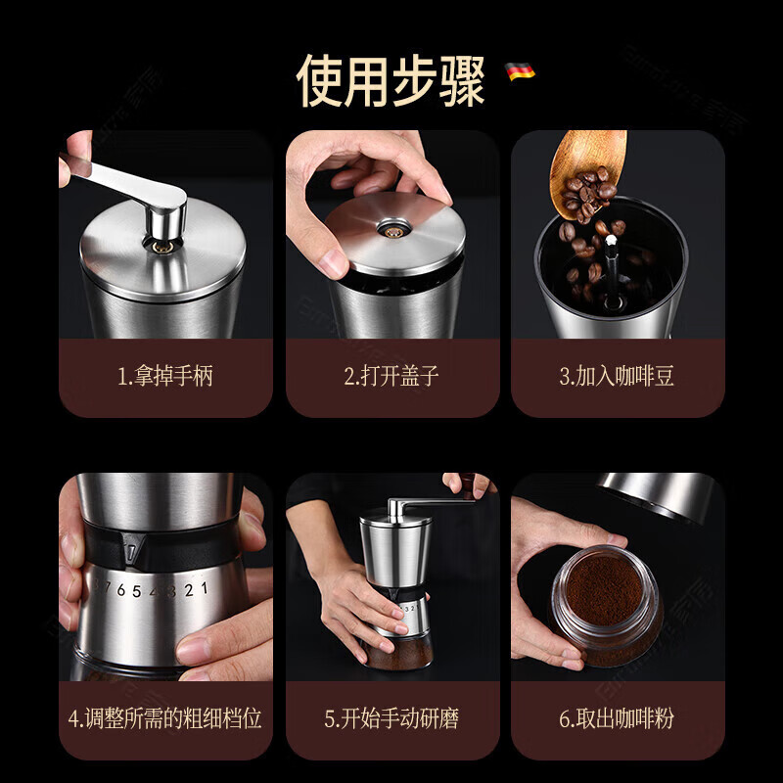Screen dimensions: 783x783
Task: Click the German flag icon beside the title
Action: (x=520, y=71)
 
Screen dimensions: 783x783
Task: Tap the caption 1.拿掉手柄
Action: (x=165, y=377)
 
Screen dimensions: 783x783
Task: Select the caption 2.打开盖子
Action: (x=391, y=377)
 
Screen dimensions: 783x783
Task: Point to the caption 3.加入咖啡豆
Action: (x=617, y=377)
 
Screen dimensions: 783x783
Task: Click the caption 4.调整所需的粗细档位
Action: (x=165, y=719)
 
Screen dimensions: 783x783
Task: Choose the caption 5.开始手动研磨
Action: (x=391, y=719)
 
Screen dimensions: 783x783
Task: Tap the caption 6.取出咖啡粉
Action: (x=617, y=719)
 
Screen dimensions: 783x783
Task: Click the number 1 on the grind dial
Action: (x=203, y=588)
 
